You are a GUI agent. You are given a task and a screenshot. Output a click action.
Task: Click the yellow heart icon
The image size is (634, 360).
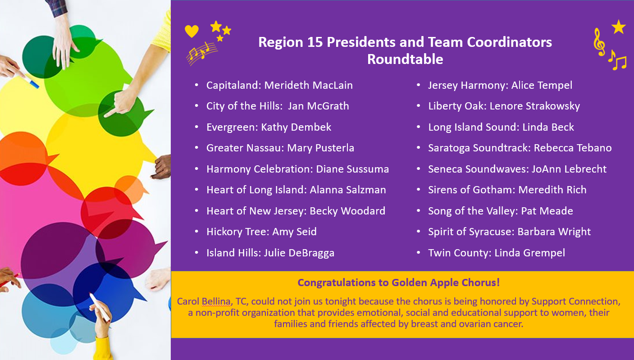pos(192,31)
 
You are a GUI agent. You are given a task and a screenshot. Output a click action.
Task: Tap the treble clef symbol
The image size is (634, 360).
pos(599,42)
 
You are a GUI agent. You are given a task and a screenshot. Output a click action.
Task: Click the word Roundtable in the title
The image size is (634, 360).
pos(405,59)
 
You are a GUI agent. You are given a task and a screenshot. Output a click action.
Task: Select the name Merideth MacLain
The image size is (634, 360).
pos(309,85)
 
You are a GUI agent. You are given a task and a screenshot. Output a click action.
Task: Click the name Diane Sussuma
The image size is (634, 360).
pos(352,169)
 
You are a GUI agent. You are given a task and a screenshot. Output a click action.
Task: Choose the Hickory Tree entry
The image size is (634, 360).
pos(261,232)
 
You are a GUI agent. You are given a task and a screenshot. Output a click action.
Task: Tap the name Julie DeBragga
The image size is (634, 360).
pos(299,253)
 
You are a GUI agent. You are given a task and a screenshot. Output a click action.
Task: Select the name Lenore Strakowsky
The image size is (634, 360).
pos(535,106)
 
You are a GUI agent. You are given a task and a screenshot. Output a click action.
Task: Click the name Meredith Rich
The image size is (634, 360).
pos(552,190)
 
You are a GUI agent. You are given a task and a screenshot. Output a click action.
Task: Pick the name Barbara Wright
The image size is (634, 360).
pos(554,232)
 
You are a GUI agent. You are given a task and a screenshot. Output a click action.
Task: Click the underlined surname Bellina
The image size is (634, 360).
pos(216,301)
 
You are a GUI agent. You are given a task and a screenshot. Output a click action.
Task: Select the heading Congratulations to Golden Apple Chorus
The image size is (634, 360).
pos(398,283)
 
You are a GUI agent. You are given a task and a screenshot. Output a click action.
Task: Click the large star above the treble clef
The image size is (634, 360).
pos(618,27)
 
